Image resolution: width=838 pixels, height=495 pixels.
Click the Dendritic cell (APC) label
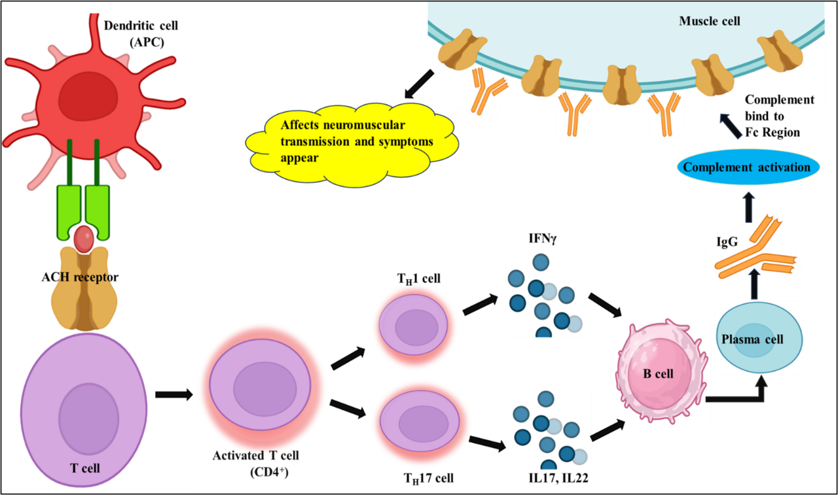click(141, 33)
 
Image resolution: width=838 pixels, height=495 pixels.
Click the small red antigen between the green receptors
click(84, 239)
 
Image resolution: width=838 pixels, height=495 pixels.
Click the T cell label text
click(84, 467)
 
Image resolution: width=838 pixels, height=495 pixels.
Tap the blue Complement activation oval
click(746, 167)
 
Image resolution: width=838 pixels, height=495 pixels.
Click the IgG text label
click(729, 243)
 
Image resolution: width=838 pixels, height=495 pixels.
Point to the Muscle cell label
click(709, 21)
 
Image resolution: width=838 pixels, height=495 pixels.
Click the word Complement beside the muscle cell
click(779, 99)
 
